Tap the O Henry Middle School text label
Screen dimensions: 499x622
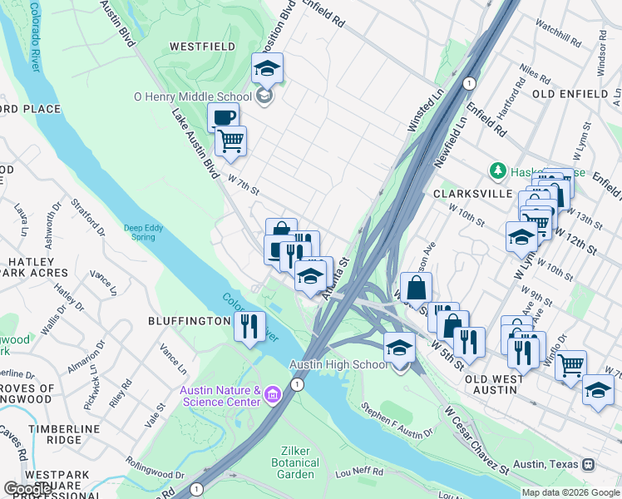[x=193, y=96]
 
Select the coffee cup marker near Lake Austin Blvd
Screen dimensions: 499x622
[x=222, y=117]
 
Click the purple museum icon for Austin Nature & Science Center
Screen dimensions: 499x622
[x=272, y=398]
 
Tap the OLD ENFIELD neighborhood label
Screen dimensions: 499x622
[x=570, y=94]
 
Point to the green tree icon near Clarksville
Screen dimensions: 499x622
[x=498, y=170]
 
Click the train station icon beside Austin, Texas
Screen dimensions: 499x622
[x=588, y=463]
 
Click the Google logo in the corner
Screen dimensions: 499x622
[x=28, y=488]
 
